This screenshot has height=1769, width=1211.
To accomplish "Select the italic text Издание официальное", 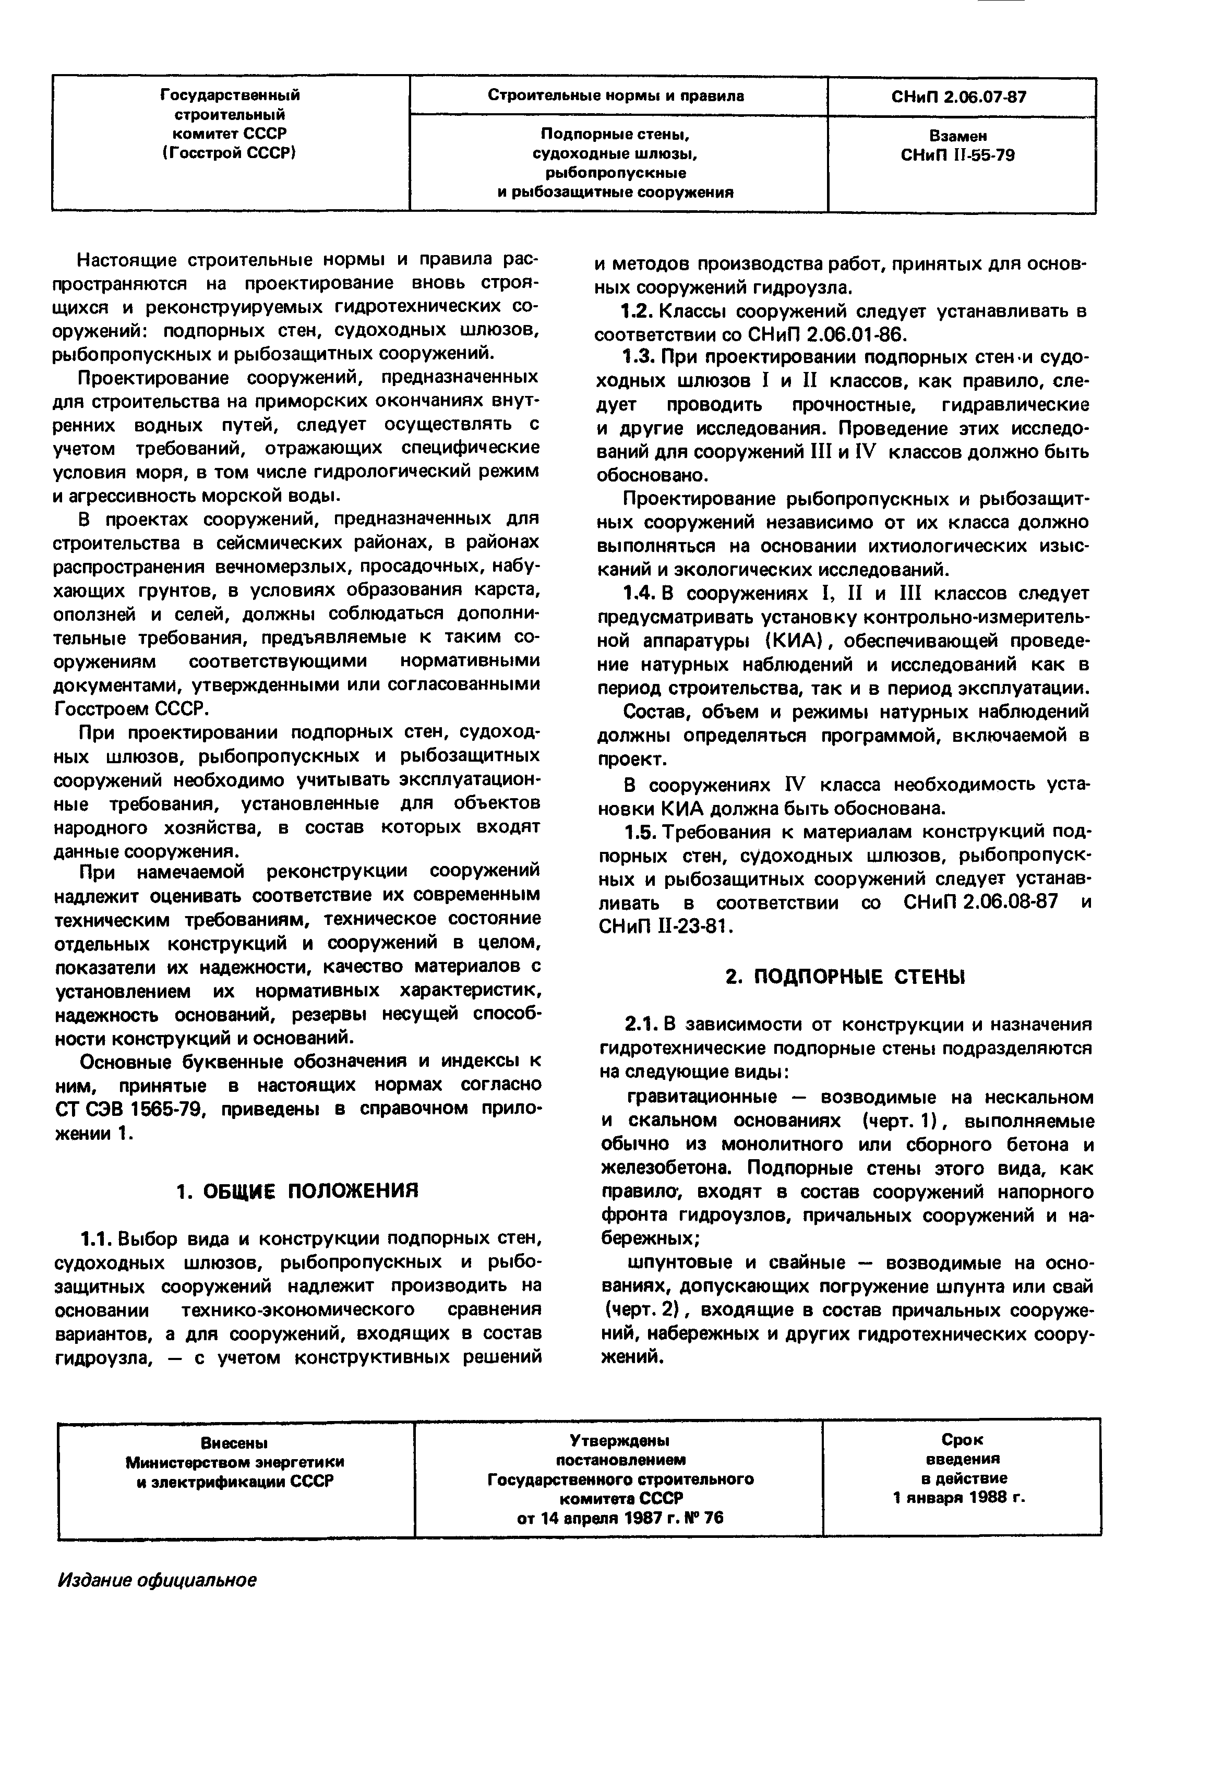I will pos(158,1580).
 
